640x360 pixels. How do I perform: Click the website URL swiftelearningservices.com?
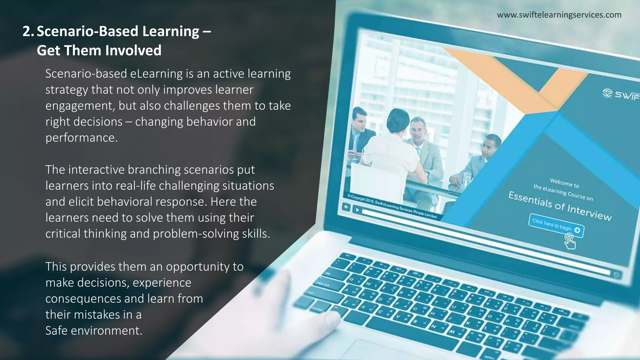pos(559,15)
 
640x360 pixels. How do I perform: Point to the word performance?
pos(81,138)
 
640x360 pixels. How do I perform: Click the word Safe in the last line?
pos(56,331)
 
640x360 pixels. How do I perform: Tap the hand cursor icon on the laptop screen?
pos(570,242)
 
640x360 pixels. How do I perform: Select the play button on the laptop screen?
pos(357,210)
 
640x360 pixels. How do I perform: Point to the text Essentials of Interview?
pos(560,206)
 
